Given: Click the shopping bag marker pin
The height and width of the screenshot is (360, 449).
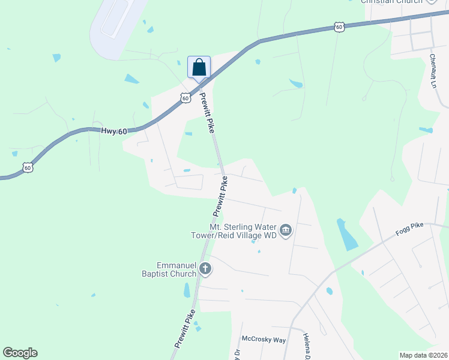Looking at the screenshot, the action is (x=199, y=67).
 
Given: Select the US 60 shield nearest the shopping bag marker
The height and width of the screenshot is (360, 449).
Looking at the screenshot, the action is (x=185, y=97).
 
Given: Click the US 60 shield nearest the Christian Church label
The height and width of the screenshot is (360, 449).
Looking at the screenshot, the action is (x=339, y=27).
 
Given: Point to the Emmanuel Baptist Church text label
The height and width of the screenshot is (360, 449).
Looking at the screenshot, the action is (x=176, y=269).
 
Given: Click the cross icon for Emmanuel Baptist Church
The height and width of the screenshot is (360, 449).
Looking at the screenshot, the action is (x=205, y=269).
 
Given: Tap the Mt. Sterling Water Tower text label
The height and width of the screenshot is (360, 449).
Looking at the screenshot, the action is (x=243, y=231).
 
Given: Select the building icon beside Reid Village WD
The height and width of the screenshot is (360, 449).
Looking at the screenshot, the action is (x=286, y=230).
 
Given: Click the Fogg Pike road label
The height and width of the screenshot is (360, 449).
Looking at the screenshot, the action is (x=409, y=228).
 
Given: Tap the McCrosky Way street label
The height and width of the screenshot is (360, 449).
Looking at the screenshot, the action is (x=264, y=340).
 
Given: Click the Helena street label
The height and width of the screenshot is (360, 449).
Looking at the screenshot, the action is (x=306, y=346).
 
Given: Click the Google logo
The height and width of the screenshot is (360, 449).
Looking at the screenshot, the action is (x=20, y=353).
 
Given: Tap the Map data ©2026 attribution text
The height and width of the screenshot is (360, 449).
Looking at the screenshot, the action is (x=423, y=355).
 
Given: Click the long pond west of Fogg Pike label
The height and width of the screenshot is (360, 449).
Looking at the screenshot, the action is (x=347, y=235).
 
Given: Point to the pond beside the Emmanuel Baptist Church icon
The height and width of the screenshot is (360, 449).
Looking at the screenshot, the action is (x=187, y=290).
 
